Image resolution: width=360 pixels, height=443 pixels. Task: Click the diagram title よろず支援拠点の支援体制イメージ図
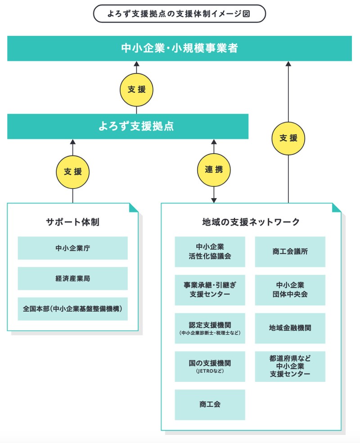pos(179,14)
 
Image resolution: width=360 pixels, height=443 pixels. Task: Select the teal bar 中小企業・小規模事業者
pos(179,49)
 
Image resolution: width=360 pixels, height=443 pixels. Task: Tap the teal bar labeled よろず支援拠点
pos(128,127)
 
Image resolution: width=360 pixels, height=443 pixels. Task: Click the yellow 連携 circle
pos(214,170)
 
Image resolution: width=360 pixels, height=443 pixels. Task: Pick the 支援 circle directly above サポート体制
pos(72,172)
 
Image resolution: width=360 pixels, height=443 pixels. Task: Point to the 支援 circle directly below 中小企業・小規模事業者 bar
pos(136,90)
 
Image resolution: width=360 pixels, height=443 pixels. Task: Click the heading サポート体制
pos(72,222)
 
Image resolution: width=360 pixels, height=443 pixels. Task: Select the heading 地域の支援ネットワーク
pos(251,222)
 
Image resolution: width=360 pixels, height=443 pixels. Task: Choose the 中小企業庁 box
pos(72,248)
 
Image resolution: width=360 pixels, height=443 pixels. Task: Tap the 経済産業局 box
pos(72,278)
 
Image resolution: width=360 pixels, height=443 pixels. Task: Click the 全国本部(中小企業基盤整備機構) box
pos(72,309)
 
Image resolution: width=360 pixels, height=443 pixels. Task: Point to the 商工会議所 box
pos(290,252)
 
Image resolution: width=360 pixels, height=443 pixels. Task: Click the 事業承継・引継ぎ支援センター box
pos(210,290)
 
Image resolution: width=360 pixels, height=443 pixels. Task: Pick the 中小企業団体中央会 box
pos(290,290)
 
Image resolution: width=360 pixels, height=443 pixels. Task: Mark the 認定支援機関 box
pos(210,328)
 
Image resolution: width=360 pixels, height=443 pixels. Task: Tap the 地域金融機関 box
pos(290,328)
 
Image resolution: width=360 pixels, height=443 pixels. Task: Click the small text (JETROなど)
pos(210,371)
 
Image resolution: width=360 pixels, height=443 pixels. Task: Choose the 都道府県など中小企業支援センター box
pos(290,366)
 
